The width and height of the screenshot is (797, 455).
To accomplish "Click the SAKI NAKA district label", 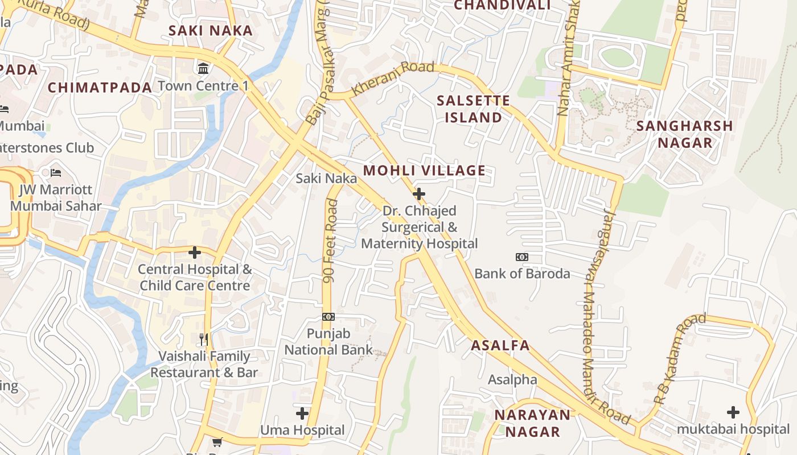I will (210, 31).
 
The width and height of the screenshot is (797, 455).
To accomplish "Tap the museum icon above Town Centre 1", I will (203, 69).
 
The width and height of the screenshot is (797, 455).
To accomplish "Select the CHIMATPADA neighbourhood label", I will (100, 88).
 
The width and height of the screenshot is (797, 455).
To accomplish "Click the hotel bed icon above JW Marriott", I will (55, 172).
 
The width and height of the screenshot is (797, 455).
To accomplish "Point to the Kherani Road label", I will (393, 78).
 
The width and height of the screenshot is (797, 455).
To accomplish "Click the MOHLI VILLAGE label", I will (424, 171).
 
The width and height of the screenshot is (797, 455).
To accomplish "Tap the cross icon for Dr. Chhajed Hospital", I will (419, 194).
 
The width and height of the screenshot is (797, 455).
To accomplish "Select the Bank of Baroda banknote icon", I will (521, 257).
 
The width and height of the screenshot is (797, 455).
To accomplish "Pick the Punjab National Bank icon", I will (328, 317).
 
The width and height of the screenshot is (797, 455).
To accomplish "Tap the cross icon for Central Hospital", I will (195, 252).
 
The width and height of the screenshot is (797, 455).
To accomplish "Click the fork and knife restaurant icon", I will (204, 340).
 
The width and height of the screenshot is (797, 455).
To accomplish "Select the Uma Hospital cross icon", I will (302, 413).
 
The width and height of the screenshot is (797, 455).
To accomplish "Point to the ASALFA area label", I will (500, 345).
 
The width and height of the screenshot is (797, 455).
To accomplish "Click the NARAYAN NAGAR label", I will (532, 423).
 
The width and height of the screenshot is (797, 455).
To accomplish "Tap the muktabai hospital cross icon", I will (733, 412).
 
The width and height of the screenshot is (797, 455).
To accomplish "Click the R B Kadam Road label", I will (680, 358).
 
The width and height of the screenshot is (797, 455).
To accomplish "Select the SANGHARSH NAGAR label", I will (684, 134).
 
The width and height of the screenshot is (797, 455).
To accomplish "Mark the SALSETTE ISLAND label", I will (473, 109).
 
